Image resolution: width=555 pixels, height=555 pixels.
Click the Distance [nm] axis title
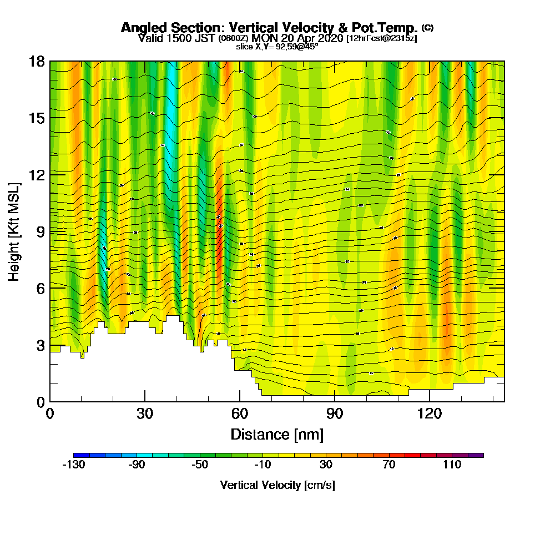[x=277, y=434]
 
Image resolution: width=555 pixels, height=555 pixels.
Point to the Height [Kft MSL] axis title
[x=14, y=231]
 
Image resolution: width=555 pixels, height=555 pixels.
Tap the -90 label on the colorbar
[x=137, y=465]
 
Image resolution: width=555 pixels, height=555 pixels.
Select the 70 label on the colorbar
[x=389, y=465]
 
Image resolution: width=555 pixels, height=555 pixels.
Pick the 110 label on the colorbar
[x=452, y=465]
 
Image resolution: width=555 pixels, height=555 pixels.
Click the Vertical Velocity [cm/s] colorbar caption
[x=277, y=485]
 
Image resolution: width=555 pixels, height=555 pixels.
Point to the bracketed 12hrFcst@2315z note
[x=381, y=39]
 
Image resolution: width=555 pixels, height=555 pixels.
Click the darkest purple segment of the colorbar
[x=476, y=455]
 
